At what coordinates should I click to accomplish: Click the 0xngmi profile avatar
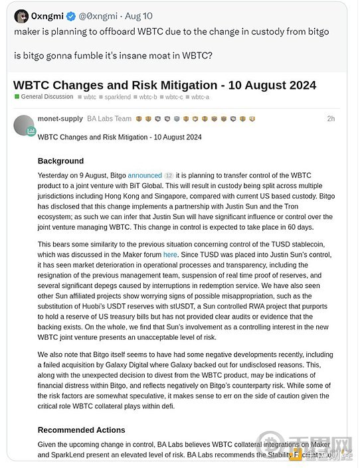coord(21,17)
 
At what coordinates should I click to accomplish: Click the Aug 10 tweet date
coord(139,16)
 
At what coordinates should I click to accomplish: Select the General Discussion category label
coord(46,97)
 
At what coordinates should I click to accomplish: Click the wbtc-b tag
coord(148,97)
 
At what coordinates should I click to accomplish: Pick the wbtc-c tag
coord(174,97)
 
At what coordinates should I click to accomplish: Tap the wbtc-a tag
coord(200,97)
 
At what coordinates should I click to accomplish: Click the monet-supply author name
coord(60,119)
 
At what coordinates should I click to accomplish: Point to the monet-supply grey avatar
coord(23,125)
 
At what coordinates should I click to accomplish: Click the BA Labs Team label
coord(109,119)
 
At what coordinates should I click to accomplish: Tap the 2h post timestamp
coord(331,119)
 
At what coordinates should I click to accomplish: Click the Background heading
coord(60,161)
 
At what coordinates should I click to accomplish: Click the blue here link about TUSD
coord(170,254)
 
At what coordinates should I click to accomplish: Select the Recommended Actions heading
coord(81,430)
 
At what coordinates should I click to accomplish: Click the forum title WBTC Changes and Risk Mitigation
coord(165,85)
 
